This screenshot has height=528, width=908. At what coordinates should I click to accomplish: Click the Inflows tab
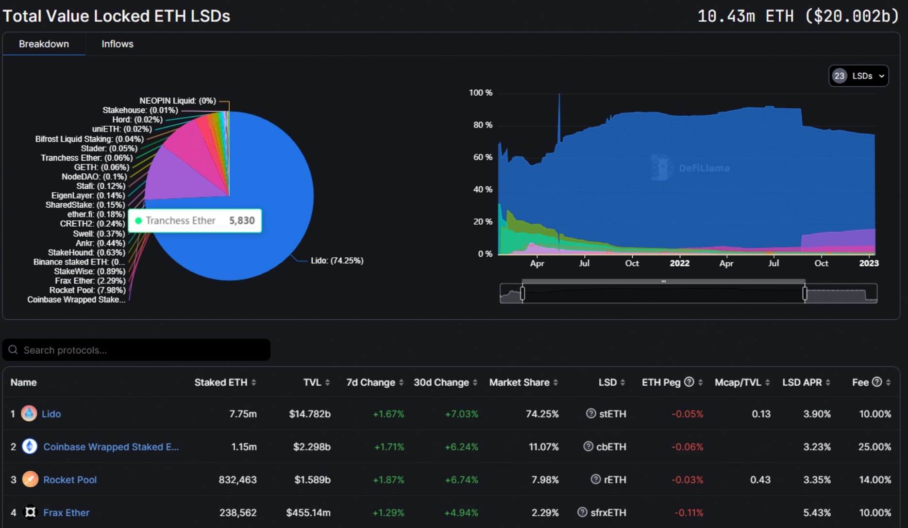117,44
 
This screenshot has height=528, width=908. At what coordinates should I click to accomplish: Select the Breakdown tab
44,44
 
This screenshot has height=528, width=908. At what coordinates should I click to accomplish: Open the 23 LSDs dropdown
858,76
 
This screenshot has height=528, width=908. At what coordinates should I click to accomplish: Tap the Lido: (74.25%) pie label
337,261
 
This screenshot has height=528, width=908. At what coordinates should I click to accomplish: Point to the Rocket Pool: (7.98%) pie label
87,290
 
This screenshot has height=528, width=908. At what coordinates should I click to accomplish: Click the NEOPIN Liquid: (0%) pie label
177,100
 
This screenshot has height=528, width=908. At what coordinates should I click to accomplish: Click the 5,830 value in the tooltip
242,220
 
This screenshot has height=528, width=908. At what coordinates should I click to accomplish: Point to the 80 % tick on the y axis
483,125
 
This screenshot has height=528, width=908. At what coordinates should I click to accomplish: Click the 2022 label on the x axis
679,263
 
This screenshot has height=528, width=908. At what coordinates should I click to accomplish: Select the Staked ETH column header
221,382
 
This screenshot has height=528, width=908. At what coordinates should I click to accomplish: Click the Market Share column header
519,382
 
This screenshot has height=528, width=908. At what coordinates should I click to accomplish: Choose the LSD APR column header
802,382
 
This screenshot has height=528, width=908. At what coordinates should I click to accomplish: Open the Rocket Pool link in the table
70,480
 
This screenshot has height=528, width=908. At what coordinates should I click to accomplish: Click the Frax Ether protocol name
66,512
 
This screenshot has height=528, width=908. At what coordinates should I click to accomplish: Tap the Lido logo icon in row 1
29,413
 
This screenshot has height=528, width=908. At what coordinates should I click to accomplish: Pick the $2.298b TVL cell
312,446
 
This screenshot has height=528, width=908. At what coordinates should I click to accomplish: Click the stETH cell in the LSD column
612,414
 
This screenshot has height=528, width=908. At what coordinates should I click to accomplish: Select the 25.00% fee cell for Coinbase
874,446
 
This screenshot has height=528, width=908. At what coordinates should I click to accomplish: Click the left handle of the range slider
522,293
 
